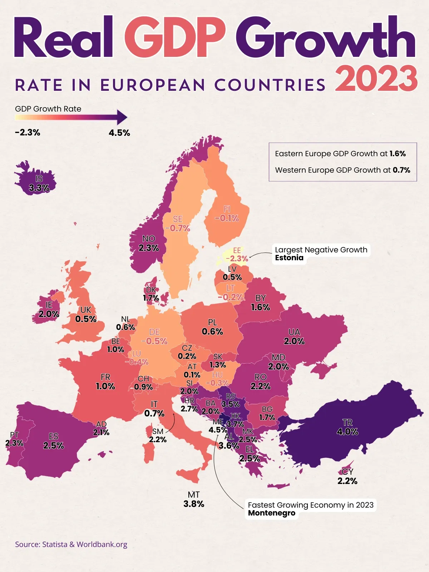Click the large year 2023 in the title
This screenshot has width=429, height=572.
(x=376, y=79)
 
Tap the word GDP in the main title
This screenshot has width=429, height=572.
(x=174, y=38)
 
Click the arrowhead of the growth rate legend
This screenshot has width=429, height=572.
(x=122, y=117)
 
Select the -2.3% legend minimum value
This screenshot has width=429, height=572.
(x=28, y=133)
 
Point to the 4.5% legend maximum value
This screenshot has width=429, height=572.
(x=119, y=133)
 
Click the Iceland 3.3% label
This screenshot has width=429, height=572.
(x=39, y=188)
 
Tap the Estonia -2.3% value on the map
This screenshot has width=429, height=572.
(x=237, y=258)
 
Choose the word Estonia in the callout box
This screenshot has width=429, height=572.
(x=289, y=258)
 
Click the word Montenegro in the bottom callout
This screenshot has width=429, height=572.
(x=272, y=513)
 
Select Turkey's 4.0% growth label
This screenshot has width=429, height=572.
(x=347, y=432)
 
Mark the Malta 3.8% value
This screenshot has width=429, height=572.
(x=194, y=504)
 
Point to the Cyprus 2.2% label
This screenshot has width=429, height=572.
(x=347, y=481)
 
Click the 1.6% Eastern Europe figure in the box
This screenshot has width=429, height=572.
(x=398, y=154)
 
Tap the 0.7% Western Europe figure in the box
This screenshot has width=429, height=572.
(x=401, y=170)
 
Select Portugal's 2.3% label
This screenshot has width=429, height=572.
(x=14, y=443)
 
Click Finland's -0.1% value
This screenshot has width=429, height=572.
(x=227, y=218)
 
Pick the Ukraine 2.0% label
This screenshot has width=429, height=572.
(x=294, y=341)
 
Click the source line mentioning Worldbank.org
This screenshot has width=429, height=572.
(x=71, y=544)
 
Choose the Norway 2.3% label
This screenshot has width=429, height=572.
(x=149, y=248)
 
